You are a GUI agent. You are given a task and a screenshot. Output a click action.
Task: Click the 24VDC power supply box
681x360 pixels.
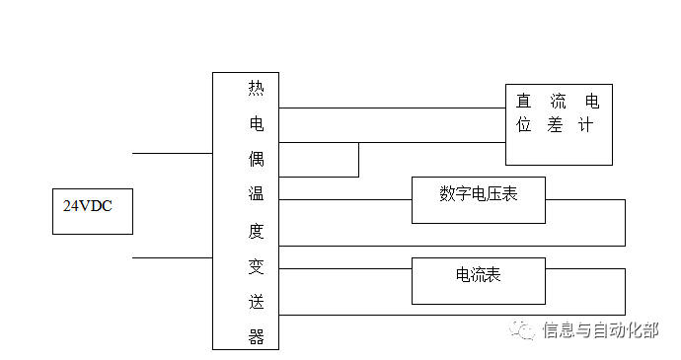[x=92, y=208]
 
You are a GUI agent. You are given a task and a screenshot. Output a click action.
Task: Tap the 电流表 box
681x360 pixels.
[x=478, y=281]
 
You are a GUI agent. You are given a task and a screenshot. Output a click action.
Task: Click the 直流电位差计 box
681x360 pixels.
[x=559, y=122]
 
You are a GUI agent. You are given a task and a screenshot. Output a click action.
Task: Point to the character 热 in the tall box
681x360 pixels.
[x=256, y=89]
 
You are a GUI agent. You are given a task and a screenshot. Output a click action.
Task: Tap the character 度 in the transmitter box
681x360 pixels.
[x=256, y=232]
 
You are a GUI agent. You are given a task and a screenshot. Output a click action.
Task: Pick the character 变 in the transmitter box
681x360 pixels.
[x=256, y=267]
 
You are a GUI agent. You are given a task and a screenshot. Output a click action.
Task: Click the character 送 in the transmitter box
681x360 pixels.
[x=256, y=303]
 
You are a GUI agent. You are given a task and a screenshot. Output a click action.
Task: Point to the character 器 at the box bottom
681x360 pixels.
[x=256, y=337]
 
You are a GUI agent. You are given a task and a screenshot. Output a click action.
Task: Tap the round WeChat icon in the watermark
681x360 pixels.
[x=523, y=330]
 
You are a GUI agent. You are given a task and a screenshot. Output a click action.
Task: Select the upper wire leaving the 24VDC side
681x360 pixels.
[x=172, y=153]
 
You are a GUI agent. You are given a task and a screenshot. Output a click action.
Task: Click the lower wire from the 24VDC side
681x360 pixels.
[x=172, y=257]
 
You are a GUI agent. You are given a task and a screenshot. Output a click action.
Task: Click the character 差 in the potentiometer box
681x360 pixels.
[x=555, y=126]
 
